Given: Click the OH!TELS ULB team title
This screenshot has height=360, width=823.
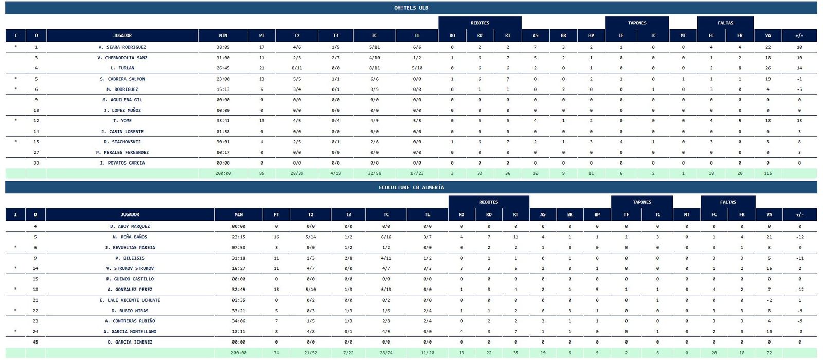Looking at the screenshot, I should pyautogui.click(x=411, y=8).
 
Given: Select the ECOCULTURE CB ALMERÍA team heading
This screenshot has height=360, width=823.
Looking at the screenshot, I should pyautogui.click(x=411, y=187).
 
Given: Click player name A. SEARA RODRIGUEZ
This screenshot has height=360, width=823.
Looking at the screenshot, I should pyautogui.click(x=122, y=47).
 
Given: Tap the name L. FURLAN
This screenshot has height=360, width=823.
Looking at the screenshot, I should pyautogui.click(x=122, y=68).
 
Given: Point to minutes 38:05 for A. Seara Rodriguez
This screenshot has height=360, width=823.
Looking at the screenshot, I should pyautogui.click(x=223, y=47).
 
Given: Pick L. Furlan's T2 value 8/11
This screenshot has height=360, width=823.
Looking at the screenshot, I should pyautogui.click(x=297, y=68).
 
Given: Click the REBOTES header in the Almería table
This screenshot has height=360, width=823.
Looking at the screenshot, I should pyautogui.click(x=488, y=202).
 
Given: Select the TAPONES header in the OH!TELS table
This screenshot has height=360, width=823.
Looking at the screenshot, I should pyautogui.click(x=637, y=23).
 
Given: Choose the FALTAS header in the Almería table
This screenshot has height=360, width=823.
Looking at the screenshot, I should pyautogui.click(x=727, y=202).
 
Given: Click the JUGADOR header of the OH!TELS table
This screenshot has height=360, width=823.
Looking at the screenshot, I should pyautogui.click(x=122, y=35).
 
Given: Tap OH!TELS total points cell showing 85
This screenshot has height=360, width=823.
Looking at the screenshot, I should pyautogui.click(x=262, y=173).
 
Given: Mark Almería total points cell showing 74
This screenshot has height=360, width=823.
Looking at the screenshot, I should pyautogui.click(x=276, y=353).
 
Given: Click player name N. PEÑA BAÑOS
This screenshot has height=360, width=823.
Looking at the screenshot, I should pyautogui.click(x=130, y=237).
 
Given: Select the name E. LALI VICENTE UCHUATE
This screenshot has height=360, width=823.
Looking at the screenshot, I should pyautogui.click(x=130, y=300).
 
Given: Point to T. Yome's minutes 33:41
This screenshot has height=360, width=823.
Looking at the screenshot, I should pyautogui.click(x=223, y=121).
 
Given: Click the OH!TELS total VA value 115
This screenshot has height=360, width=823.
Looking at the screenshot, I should pyautogui.click(x=767, y=173).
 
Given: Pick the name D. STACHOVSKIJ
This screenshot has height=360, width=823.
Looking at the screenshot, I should pyautogui.click(x=122, y=142).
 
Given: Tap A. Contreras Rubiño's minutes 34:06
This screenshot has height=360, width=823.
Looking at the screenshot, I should pyautogui.click(x=239, y=321).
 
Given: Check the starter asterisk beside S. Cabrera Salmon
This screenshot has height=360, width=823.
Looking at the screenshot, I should pyautogui.click(x=15, y=79).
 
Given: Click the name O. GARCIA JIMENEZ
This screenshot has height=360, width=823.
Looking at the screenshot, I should pyautogui.click(x=130, y=342).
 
